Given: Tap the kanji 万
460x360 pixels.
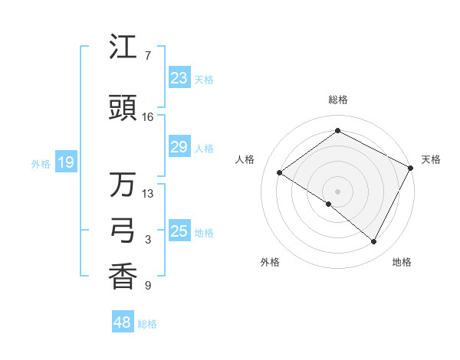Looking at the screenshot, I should pyautogui.click(x=123, y=185).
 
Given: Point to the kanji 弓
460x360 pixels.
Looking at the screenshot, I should pyautogui.click(x=123, y=231).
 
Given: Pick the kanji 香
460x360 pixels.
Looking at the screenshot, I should pyautogui.click(x=123, y=277).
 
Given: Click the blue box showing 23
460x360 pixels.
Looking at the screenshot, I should pyautogui.click(x=179, y=78).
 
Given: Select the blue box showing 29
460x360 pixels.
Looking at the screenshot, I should pyautogui.click(x=179, y=147).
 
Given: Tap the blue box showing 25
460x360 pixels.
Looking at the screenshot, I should pyautogui.click(x=179, y=231).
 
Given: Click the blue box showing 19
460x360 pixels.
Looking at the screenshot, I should pyautogui.click(x=66, y=162).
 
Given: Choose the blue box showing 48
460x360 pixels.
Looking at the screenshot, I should pyautogui.click(x=123, y=322).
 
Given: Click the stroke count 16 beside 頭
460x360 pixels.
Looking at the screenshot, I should pyautogui.click(x=148, y=117).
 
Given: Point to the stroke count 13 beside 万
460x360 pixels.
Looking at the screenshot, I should pyautogui.click(x=148, y=194).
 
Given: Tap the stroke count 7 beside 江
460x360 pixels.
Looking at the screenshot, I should pyautogui.click(x=147, y=56).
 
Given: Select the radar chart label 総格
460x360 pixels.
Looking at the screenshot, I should pyautogui.click(x=337, y=100).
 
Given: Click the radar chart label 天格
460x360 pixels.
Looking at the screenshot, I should pyautogui.click(x=431, y=159).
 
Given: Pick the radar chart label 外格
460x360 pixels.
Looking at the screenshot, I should pyautogui.click(x=270, y=262).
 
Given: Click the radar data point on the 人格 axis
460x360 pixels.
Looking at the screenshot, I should pyautogui.click(x=280, y=172).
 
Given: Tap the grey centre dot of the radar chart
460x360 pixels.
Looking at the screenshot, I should pyautogui.click(x=337, y=191).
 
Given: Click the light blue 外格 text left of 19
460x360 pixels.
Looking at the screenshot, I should pyautogui.click(x=40, y=163).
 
